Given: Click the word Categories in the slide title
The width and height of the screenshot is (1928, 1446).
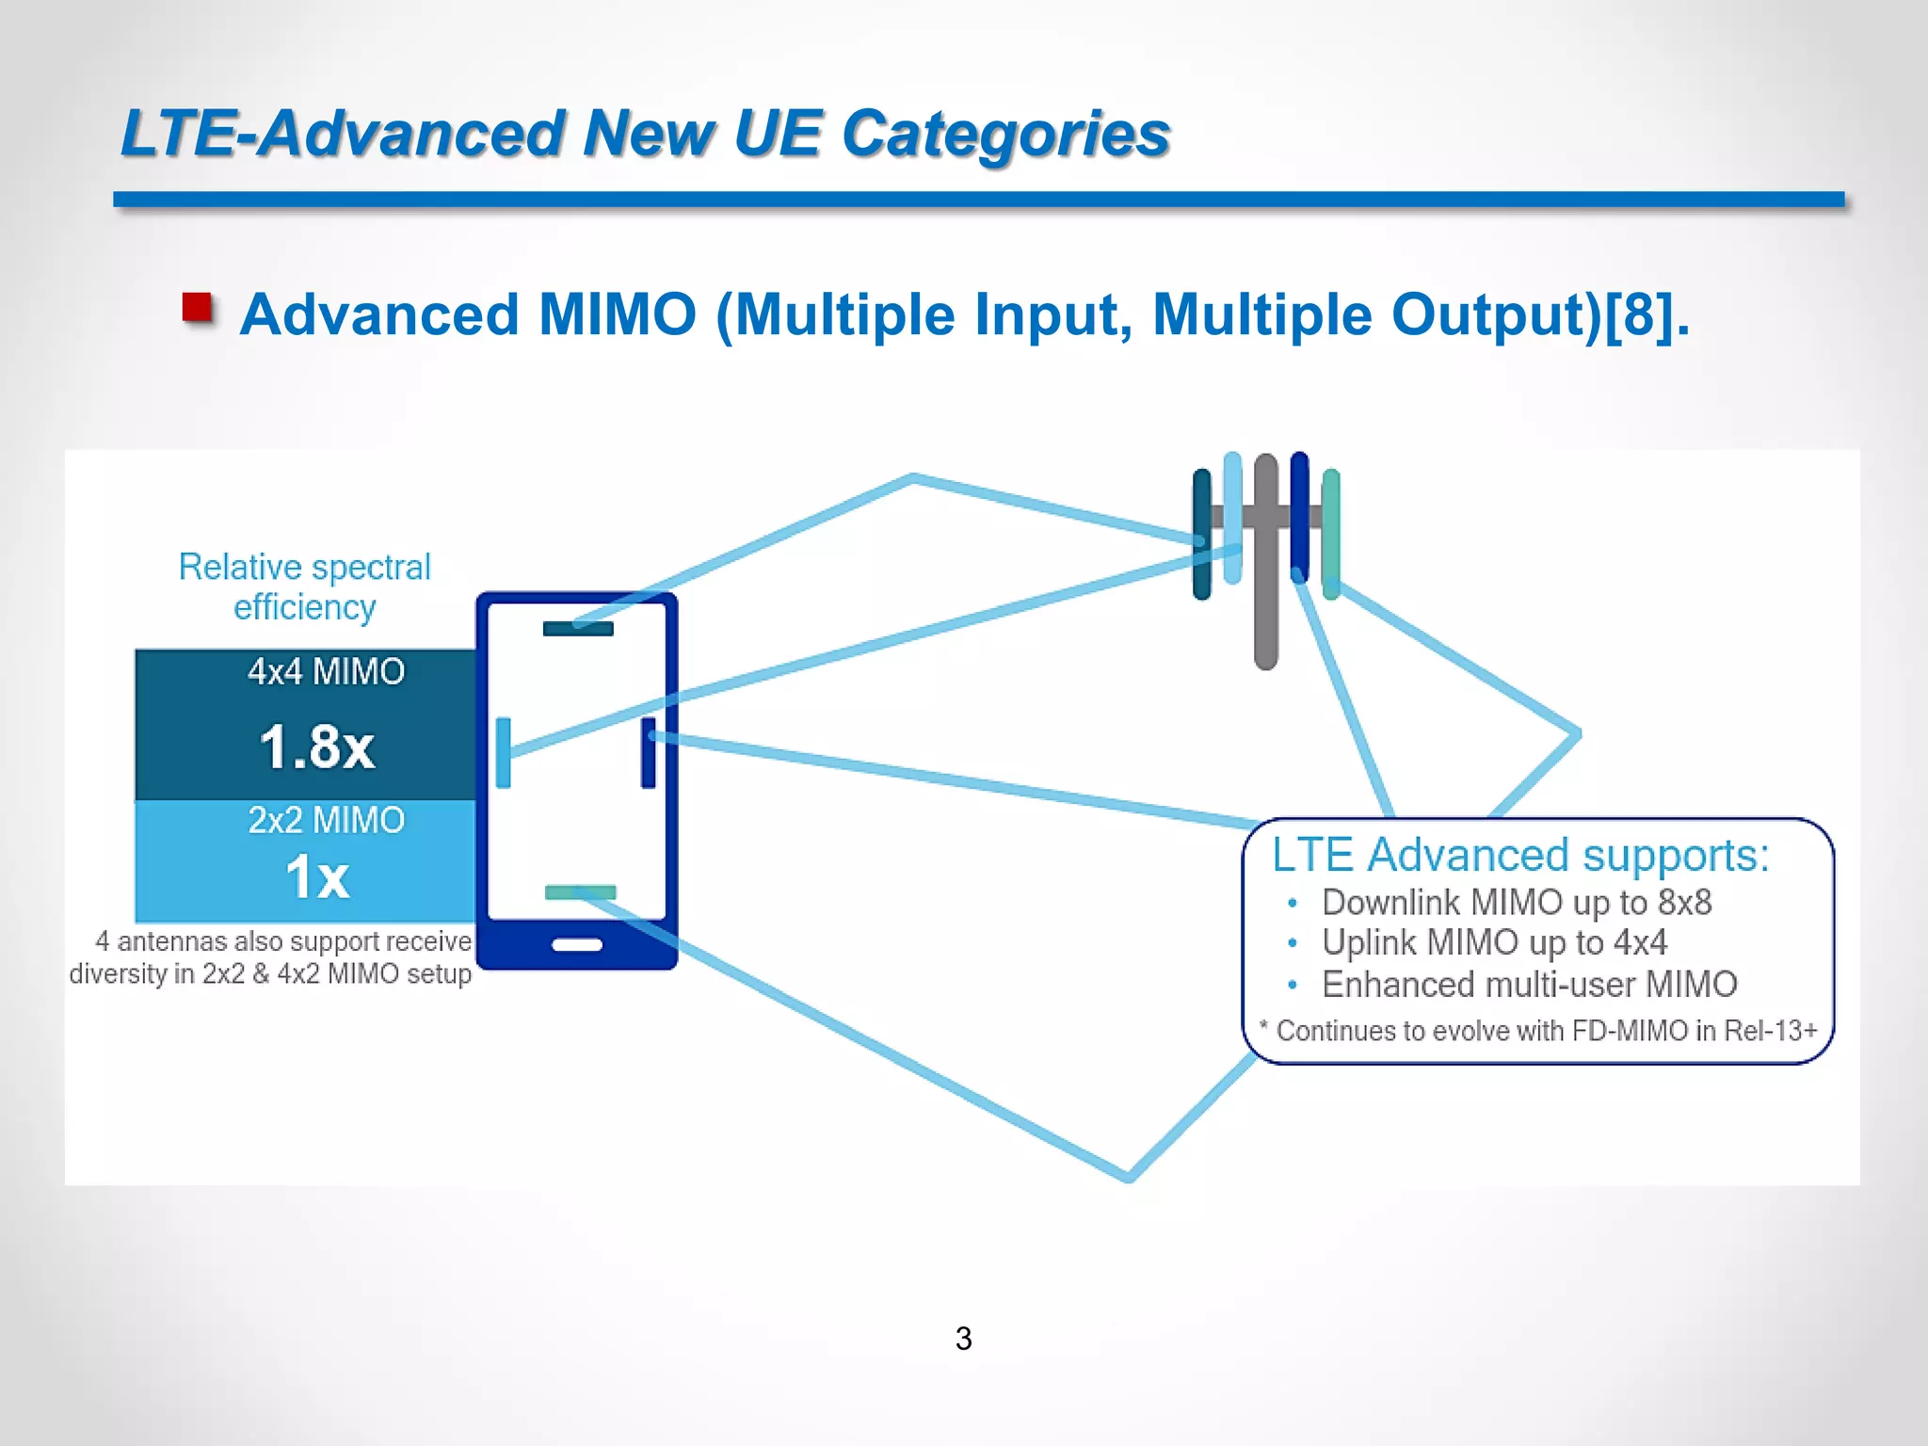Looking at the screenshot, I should point(1005,134).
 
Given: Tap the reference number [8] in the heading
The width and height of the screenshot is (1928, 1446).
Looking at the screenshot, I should point(1639,314).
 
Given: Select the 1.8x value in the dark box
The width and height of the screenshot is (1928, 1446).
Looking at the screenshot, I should point(317,747).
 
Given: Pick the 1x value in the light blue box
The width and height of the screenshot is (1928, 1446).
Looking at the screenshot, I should point(317,877).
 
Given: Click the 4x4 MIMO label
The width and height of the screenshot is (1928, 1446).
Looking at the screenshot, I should point(326,672).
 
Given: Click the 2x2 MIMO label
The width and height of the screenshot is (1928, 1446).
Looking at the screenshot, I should point(326,820).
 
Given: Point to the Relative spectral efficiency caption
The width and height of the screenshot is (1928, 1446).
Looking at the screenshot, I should point(304,586).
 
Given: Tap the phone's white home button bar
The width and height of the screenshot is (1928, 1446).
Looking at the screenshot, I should point(577,944).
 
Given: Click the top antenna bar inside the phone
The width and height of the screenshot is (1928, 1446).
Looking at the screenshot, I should point(578,629).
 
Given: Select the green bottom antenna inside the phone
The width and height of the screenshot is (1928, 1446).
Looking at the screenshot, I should point(580,892).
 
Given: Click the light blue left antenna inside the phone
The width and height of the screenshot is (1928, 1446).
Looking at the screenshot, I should point(504,752).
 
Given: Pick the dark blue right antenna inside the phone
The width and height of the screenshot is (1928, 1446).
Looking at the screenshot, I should point(649,752).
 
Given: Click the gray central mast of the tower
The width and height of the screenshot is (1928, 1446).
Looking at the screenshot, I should point(1266,612).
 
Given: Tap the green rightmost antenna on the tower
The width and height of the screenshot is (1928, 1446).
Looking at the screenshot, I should point(1330,534).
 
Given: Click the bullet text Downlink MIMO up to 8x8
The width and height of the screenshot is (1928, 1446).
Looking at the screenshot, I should point(1516,902).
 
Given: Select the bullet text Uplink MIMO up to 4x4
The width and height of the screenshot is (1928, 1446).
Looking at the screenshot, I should point(1494,942).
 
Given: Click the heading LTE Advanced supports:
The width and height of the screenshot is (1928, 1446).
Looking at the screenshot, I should point(1519,855).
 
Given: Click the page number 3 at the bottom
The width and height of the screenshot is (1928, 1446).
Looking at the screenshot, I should point(963,1338).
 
